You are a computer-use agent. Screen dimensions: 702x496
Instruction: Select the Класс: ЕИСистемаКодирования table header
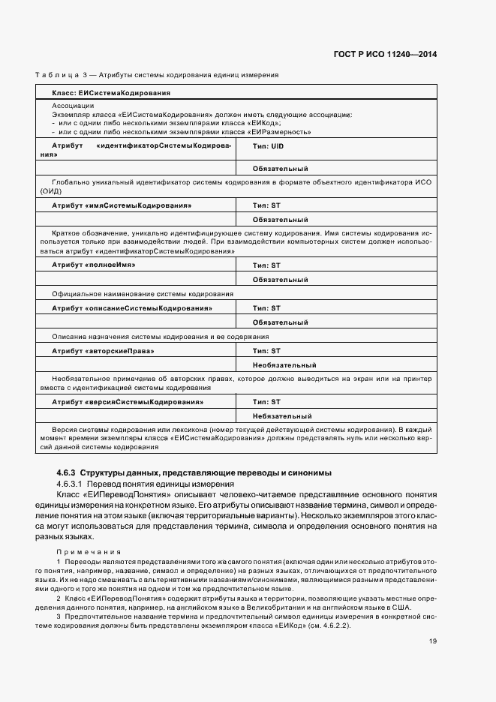tap(110, 93)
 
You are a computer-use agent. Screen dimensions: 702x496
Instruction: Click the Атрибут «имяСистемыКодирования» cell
tap(121, 205)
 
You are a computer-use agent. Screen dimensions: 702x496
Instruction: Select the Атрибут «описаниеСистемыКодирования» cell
tap(131, 308)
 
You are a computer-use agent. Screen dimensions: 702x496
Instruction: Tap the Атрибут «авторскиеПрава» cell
tap(103, 351)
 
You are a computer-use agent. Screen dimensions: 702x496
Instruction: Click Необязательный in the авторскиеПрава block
tap(284, 365)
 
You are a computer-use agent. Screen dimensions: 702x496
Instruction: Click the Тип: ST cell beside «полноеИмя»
tap(266, 265)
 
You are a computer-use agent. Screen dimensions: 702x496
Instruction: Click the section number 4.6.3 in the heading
tap(66, 472)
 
